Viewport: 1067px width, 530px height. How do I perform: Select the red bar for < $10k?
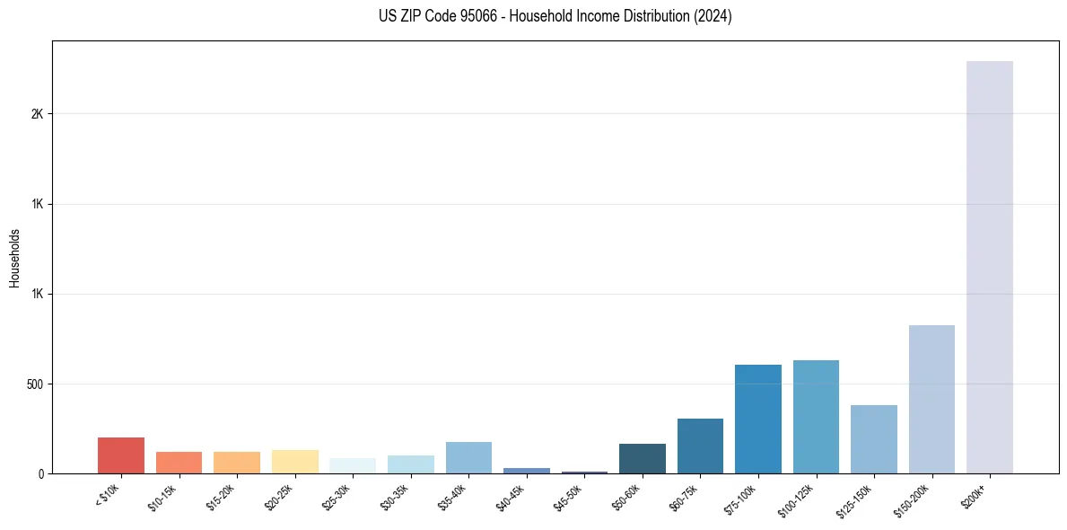click(x=121, y=455)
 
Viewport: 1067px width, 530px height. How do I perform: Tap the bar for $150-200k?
click(x=931, y=399)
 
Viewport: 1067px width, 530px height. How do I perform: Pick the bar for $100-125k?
click(x=816, y=417)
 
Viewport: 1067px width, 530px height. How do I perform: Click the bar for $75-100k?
click(x=758, y=419)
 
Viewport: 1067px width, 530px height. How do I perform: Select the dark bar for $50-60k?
click(x=643, y=458)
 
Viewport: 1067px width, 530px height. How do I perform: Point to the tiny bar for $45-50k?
click(x=584, y=472)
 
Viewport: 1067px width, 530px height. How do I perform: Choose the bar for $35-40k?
click(x=468, y=457)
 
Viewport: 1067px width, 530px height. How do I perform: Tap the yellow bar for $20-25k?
click(x=295, y=462)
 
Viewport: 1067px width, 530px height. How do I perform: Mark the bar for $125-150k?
click(x=874, y=439)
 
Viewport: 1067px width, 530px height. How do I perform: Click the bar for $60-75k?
click(x=700, y=446)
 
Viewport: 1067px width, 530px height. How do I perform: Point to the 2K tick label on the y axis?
click(x=37, y=114)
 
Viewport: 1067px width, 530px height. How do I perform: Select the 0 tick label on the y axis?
click(x=41, y=474)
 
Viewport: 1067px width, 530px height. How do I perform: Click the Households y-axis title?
click(x=14, y=258)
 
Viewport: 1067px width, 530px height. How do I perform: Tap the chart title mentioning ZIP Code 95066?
click(x=555, y=16)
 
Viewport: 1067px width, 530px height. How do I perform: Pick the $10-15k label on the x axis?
click(x=162, y=497)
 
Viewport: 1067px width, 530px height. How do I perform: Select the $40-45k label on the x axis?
click(x=510, y=497)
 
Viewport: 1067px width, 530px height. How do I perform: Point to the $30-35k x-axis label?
click(x=394, y=497)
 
